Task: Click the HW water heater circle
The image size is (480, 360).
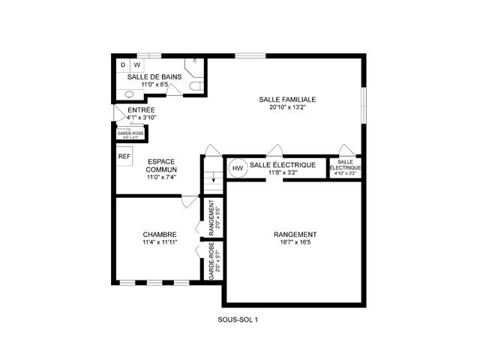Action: click(238, 168)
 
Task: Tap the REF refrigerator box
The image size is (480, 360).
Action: click(124, 157)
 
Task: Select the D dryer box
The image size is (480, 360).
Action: click(124, 65)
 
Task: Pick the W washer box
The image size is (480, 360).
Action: click(136, 65)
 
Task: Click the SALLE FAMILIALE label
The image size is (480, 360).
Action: click(287, 99)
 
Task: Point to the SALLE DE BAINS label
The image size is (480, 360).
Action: click(154, 76)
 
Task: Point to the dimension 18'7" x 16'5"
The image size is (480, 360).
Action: click(295, 242)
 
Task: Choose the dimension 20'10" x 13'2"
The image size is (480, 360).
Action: click(287, 107)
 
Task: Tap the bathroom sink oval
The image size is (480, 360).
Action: click(128, 95)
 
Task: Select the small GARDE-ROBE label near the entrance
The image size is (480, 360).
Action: click(130, 133)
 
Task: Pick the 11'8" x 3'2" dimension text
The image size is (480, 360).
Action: click(284, 172)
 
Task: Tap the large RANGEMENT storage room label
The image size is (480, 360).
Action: click(295, 234)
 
